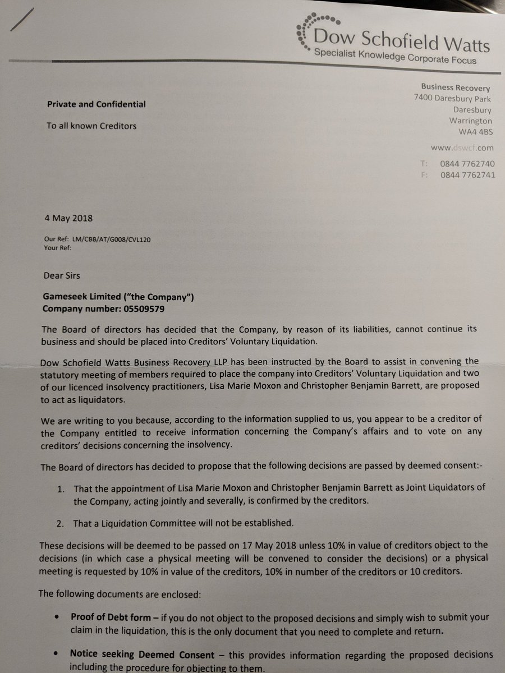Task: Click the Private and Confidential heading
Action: (x=96, y=104)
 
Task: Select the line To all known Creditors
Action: (x=91, y=126)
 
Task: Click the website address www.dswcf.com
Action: (x=462, y=148)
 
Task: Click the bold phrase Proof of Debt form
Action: (x=110, y=617)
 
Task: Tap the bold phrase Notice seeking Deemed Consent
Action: (x=142, y=654)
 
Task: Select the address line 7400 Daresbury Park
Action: (x=452, y=99)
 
